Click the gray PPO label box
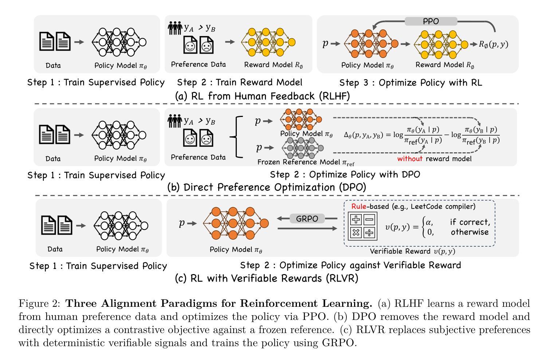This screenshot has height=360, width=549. tap(431, 21)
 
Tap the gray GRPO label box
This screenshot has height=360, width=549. tap(307, 218)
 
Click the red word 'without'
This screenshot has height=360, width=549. tap(410, 159)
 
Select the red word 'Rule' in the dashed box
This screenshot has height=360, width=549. tap(359, 206)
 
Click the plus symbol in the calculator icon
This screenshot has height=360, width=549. tap(356, 219)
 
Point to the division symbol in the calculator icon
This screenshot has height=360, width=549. tap(369, 232)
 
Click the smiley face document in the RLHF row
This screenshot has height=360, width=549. tap(190, 45)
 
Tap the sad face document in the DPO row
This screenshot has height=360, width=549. tap(206, 138)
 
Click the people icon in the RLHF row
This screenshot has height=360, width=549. tap(175, 28)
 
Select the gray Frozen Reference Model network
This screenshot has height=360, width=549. tap(302, 148)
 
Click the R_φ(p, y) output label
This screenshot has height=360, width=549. tap(494, 44)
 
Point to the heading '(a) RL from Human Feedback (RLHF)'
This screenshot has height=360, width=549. tap(262, 96)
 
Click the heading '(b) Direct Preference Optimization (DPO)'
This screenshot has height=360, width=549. tap(267, 187)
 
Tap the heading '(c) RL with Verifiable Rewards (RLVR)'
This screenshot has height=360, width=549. tap(266, 278)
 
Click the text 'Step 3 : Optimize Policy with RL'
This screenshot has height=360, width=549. tap(411, 83)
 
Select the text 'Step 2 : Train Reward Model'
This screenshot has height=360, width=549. tap(240, 82)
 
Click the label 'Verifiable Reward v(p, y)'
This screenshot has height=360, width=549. tap(412, 251)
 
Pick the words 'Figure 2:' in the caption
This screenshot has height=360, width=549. tap(39, 304)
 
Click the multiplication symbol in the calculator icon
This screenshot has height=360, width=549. tap(356, 232)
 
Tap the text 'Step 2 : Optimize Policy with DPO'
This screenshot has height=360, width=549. tap(345, 175)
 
